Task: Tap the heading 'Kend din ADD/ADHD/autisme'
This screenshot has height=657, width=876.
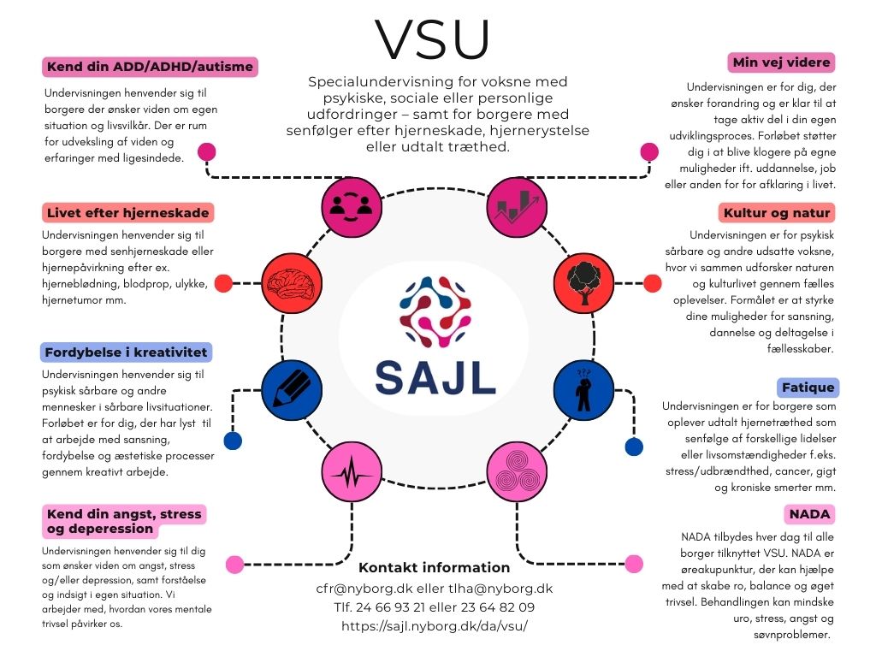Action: pos(150,67)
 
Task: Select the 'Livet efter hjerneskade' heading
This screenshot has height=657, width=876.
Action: pos(127,212)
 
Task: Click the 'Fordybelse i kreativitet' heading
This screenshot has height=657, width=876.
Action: pos(125,352)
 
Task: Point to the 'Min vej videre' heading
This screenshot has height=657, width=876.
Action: pos(781,62)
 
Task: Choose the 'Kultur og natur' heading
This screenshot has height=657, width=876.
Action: pos(777,212)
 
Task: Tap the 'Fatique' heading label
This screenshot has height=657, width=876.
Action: pos(808,387)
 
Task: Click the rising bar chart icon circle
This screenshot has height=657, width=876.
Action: pos(515,207)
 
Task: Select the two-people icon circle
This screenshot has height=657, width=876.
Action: pos(351,207)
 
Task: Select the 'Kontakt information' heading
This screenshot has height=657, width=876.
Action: pos(434,567)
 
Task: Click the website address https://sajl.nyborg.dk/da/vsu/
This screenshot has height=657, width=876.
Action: pos(434,625)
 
